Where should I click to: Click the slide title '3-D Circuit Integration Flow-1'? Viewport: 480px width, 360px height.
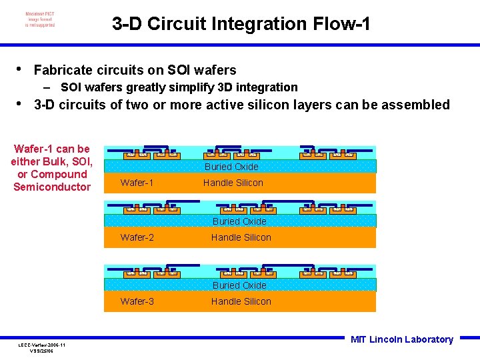241,25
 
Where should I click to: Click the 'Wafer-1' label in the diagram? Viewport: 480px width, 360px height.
137,183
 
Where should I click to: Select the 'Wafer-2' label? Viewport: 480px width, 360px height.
137,237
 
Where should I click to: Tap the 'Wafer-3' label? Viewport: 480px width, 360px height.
137,301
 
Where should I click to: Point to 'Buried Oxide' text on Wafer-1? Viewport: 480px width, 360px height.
231,167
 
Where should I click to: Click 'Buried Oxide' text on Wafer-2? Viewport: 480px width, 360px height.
239,221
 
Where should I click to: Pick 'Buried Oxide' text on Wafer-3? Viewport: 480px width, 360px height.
239,285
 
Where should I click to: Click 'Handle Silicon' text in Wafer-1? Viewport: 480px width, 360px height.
233,183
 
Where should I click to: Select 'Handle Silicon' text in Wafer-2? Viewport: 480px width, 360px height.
241,237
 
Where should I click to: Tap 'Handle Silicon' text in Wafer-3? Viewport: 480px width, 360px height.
241,301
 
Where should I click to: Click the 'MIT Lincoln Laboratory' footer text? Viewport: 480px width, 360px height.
401,339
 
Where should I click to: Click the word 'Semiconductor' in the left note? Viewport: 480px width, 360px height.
52,187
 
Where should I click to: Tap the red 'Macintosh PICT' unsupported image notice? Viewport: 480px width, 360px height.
40,19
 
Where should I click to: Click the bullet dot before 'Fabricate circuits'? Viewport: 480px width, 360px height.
19,69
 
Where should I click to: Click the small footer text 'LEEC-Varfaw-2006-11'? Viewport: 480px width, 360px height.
41,345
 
